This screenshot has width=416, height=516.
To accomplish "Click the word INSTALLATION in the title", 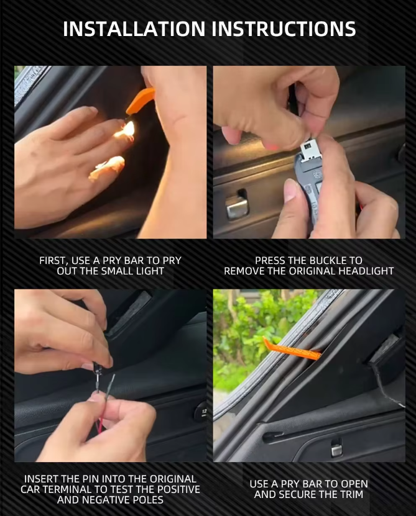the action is pos(134,29).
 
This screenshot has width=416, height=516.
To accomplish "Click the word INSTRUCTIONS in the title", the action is pos(284,29).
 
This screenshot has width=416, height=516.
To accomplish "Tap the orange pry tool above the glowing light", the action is pos(140,100).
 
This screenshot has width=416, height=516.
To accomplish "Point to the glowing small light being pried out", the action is pos(128,129).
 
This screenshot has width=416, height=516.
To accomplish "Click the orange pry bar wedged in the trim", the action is pos(291,350).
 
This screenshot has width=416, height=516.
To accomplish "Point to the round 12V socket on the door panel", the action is pos(201,411).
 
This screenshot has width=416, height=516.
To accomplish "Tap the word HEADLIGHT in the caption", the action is pos(364,271).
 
